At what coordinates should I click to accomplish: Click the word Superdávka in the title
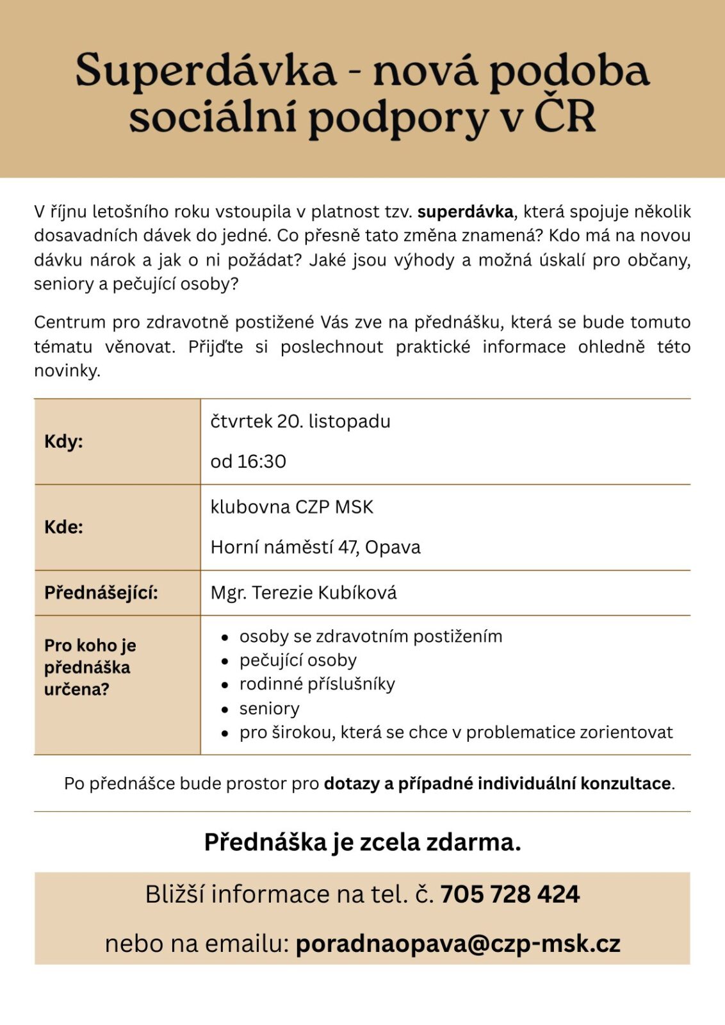(x=206, y=70)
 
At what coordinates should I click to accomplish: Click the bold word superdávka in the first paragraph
(x=466, y=211)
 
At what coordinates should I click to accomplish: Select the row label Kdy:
(x=63, y=441)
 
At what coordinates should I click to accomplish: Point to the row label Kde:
(x=63, y=527)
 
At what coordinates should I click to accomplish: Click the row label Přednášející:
(x=101, y=593)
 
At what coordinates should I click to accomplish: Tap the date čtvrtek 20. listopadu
(x=300, y=422)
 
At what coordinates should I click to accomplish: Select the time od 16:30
(x=248, y=461)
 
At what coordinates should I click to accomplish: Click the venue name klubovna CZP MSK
(x=292, y=507)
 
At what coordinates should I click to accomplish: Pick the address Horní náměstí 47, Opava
(x=316, y=547)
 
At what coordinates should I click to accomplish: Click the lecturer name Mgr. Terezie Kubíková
(x=304, y=593)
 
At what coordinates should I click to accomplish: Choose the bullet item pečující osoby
(x=298, y=660)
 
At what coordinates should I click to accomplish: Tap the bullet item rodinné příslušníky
(x=317, y=684)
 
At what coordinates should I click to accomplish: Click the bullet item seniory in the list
(x=269, y=709)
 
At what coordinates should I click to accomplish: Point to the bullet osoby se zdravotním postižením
(x=371, y=636)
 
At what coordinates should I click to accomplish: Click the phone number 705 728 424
(x=510, y=894)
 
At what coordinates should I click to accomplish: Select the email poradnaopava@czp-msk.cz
(x=458, y=944)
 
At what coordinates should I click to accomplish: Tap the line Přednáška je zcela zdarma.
(x=362, y=842)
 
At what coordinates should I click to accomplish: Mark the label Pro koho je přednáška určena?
(x=90, y=668)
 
